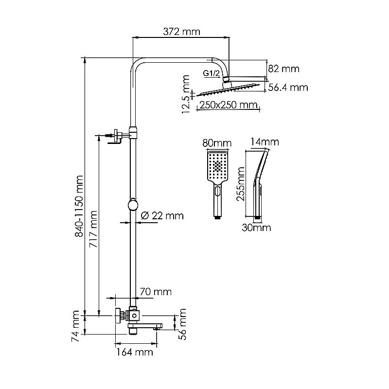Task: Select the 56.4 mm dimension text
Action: tap(288, 88)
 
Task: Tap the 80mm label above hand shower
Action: tap(216, 143)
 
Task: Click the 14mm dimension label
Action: tap(265, 142)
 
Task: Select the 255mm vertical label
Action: tap(239, 184)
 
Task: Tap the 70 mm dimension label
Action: tap(156, 292)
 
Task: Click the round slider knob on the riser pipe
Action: tap(132, 205)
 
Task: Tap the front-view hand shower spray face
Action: tap(217, 168)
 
